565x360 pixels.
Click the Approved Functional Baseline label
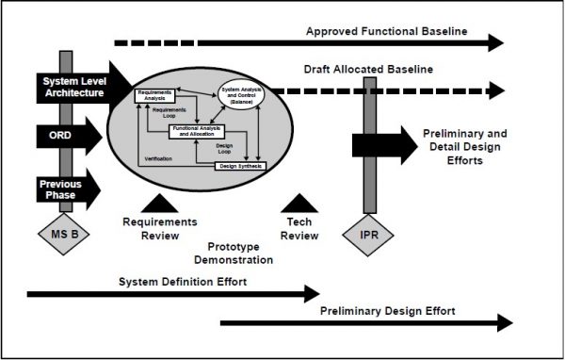pyautogui.click(x=386, y=31)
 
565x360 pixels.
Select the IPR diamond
pyautogui.click(x=369, y=232)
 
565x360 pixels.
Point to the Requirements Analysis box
pyautogui.click(x=154, y=94)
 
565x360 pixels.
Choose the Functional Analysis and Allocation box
pyautogui.click(x=202, y=132)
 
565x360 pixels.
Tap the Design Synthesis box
pyautogui.click(x=241, y=166)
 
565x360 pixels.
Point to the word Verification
pyautogui.click(x=158, y=158)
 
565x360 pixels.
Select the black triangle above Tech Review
pyautogui.click(x=299, y=202)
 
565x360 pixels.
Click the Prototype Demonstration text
pyautogui.click(x=230, y=252)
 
